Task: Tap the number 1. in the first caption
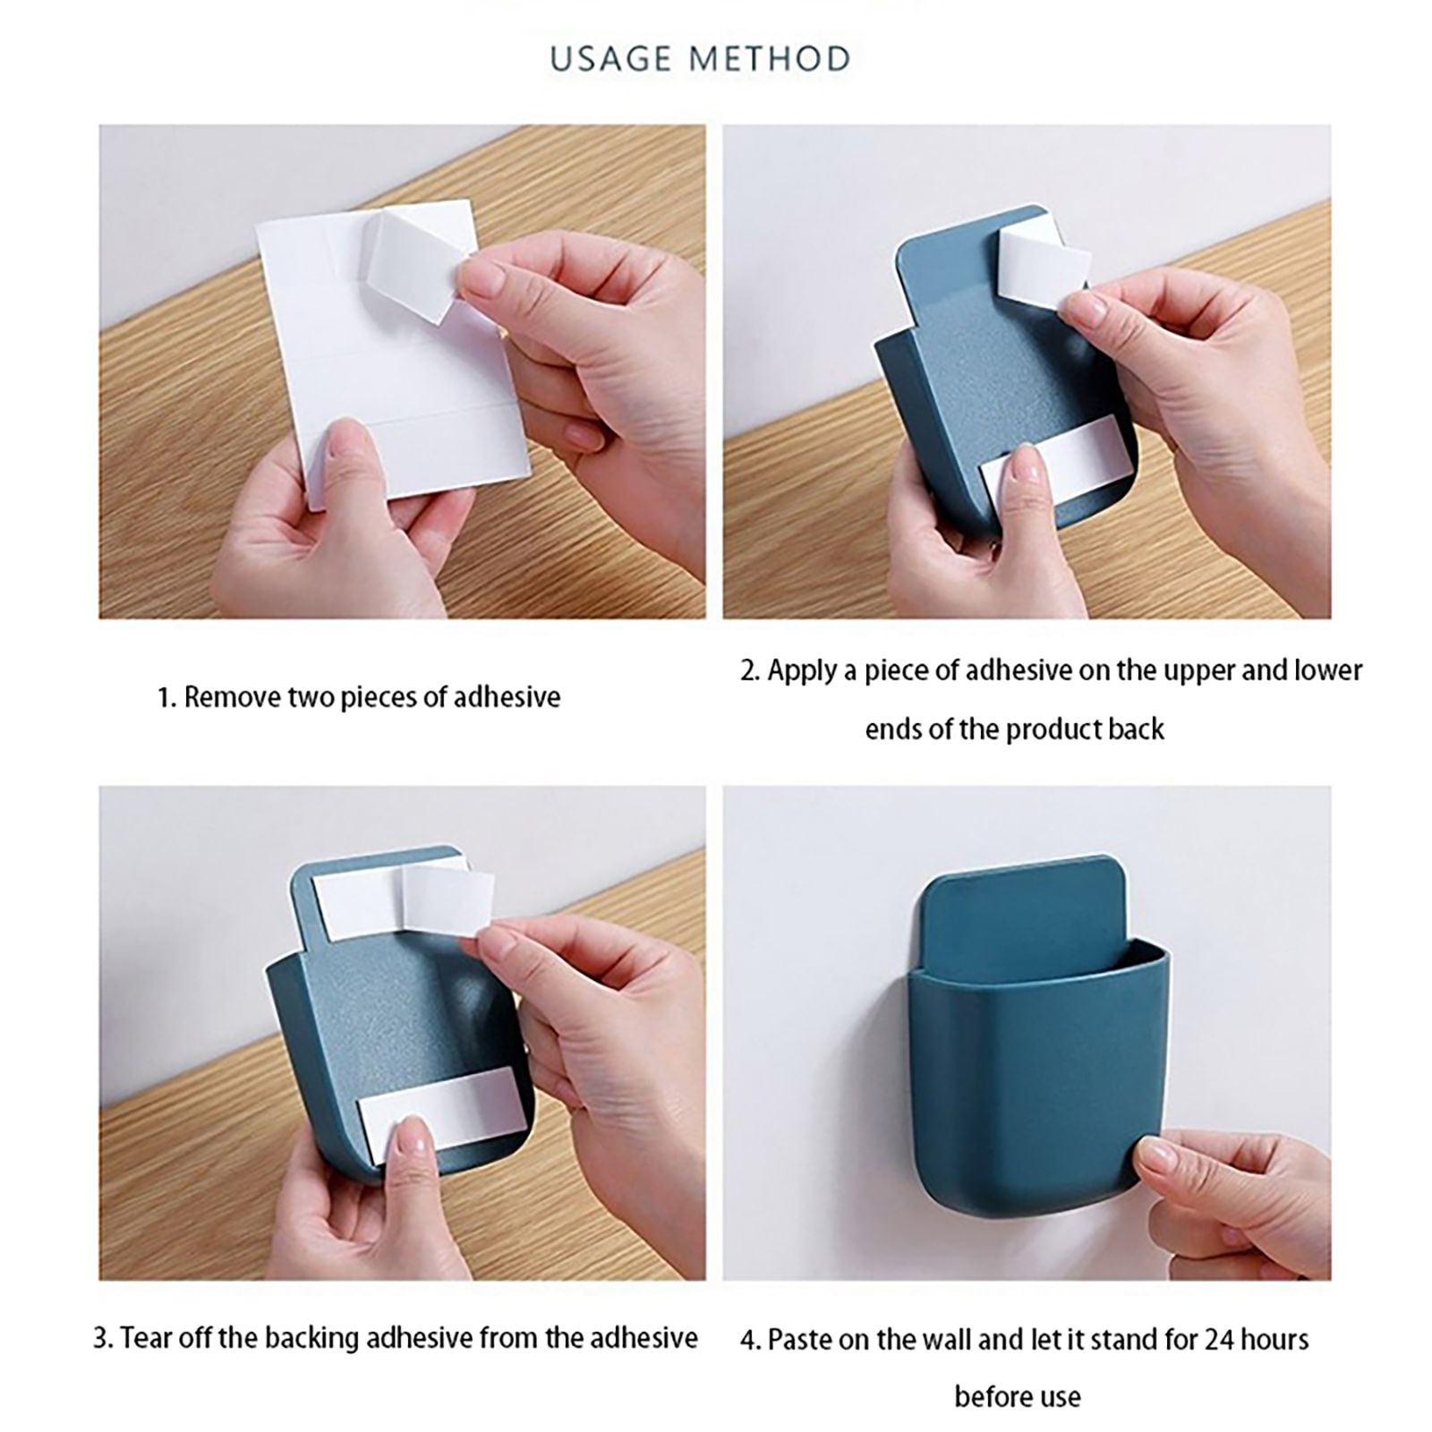pos(166,697)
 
